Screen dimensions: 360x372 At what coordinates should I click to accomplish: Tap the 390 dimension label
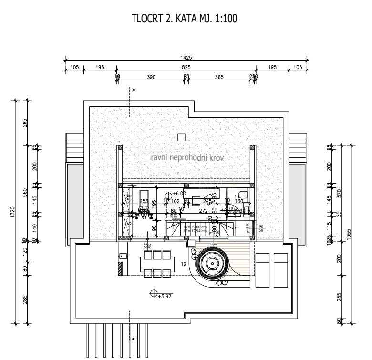pos(151,77)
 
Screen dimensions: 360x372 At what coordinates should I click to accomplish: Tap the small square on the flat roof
pos(181,137)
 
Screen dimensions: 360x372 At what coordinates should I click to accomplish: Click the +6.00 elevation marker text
pos(179,194)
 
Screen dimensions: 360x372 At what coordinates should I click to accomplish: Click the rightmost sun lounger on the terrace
pos(280,270)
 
